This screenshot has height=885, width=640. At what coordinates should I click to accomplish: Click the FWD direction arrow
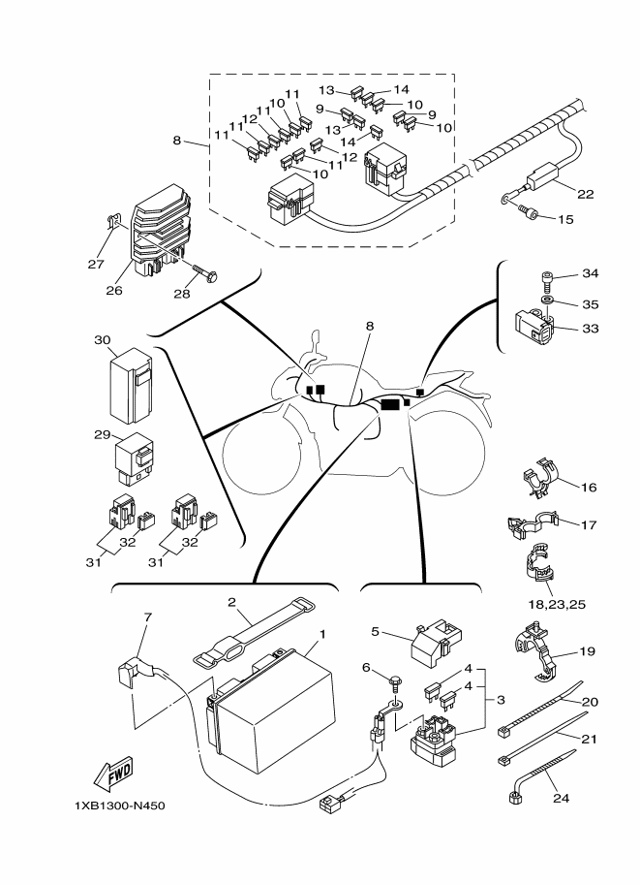point(113,774)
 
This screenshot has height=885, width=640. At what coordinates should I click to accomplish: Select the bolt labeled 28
point(204,272)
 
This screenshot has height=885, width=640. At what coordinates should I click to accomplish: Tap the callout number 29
point(103,435)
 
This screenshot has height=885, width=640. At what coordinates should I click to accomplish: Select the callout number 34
point(591,273)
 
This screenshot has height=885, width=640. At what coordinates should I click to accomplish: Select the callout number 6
point(366,668)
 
